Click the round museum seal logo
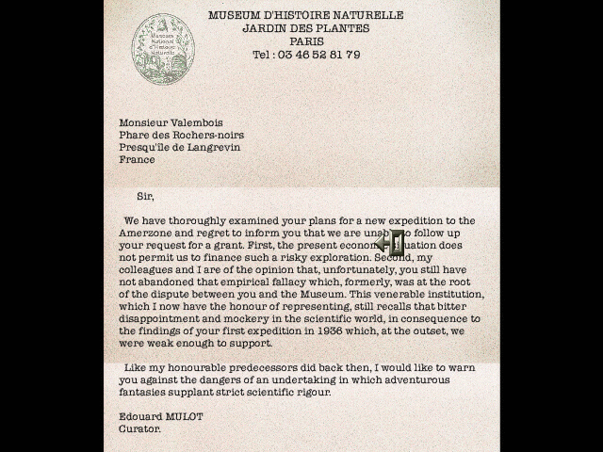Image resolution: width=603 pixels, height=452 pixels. [x=163, y=48]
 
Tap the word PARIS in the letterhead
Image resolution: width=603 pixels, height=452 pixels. [x=306, y=41]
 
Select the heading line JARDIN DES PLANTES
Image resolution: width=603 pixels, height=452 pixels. [x=305, y=28]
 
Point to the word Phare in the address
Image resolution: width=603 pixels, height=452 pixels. [x=135, y=135]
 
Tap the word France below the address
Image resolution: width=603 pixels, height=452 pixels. [x=137, y=159]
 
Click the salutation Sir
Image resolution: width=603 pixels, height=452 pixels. [x=145, y=196]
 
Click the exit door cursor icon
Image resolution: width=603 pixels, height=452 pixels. [x=390, y=243]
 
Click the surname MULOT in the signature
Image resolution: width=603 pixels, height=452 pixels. [x=184, y=416]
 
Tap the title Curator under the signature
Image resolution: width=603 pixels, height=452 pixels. [x=139, y=428]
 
